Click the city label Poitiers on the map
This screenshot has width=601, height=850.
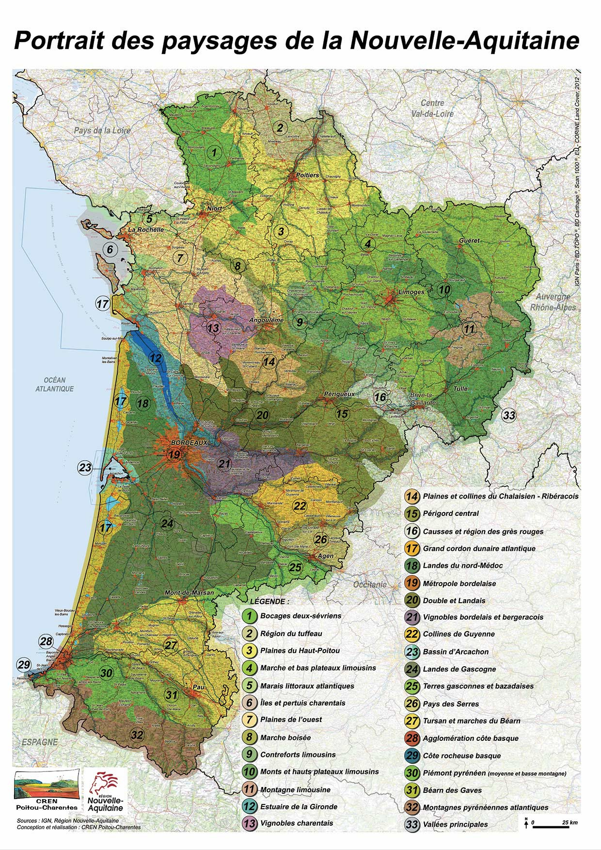(307, 175)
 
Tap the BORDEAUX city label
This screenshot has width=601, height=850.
(189, 442)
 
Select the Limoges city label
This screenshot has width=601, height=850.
(411, 292)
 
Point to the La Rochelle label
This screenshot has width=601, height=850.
(146, 229)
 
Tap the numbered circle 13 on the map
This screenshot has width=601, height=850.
(213, 328)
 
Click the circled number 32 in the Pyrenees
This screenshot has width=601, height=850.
(137, 735)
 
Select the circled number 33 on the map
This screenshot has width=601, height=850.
(509, 416)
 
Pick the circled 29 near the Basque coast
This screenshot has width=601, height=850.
(23, 665)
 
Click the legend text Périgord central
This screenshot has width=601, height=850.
(451, 513)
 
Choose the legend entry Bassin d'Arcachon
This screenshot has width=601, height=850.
(456, 652)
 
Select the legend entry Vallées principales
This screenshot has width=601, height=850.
(455, 824)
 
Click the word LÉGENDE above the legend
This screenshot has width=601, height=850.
(269, 601)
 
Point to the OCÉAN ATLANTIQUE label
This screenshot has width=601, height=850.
(54, 384)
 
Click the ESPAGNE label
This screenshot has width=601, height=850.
(40, 742)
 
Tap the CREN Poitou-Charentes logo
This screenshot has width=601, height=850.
(47, 792)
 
